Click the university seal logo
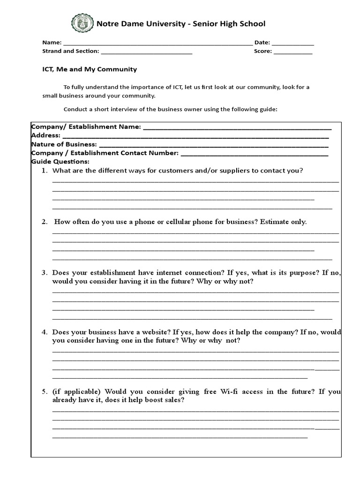point(82,23)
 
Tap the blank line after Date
point(293,43)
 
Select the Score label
point(262,51)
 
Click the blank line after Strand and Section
point(146,52)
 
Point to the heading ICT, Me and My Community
point(90,69)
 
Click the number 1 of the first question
point(44,171)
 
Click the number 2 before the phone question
point(44,222)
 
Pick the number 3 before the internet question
point(44,272)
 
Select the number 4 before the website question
point(44,332)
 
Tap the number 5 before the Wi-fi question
point(44,391)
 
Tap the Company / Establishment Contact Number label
point(105,153)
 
